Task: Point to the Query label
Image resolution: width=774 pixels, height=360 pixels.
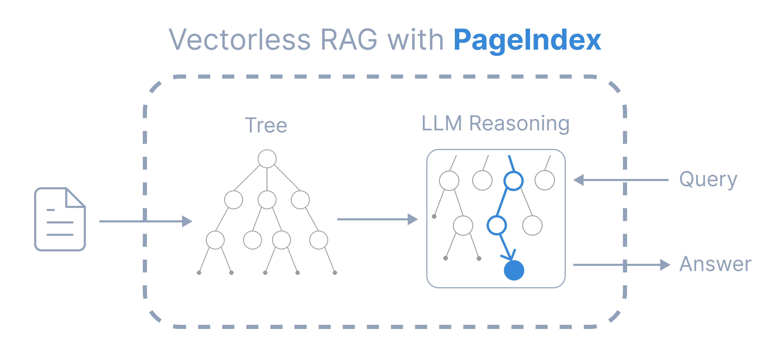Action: pos(708,180)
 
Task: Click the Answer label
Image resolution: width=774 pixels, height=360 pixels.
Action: pos(715,264)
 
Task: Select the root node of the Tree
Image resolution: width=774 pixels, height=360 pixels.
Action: pos(267,158)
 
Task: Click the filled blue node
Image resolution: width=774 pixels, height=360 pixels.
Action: pos(514,270)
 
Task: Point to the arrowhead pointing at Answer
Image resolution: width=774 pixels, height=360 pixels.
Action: pos(665,265)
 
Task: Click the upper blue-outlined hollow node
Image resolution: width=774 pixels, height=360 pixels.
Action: pos(513,181)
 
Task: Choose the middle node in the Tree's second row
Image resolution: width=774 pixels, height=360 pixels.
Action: pos(267,199)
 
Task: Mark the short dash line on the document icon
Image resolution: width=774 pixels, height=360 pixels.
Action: pos(51,210)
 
